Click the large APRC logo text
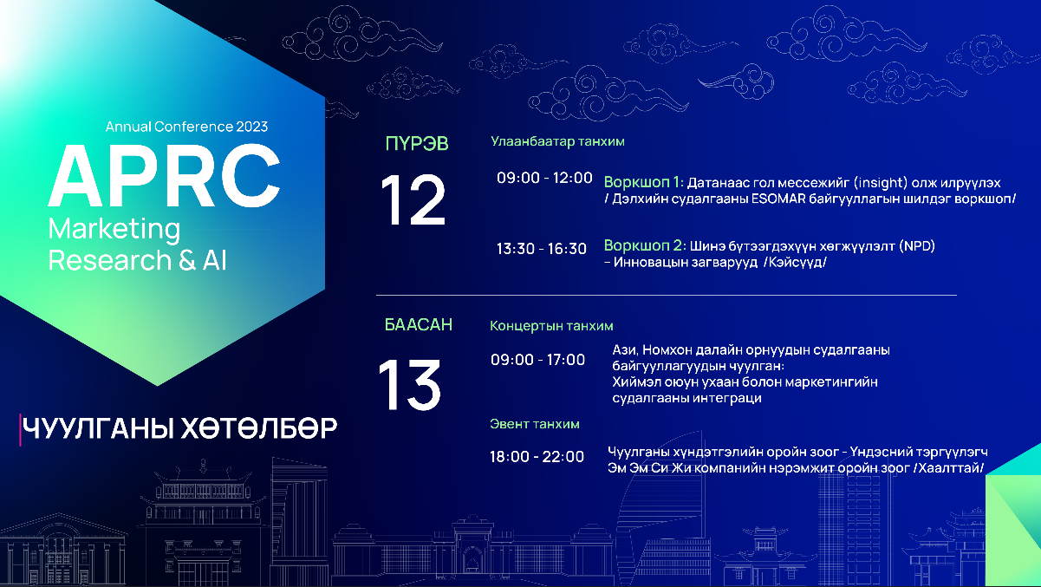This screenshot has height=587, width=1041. tap(165, 176)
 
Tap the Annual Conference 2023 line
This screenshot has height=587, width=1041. tap(186, 127)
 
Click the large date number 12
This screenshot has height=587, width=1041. tap(413, 199)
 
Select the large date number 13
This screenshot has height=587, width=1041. tap(409, 384)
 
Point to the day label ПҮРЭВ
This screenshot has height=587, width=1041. tap(417, 144)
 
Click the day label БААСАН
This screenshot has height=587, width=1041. tap(419, 324)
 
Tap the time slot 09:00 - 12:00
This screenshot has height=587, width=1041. tap(544, 178)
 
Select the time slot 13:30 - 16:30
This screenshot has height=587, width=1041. tap(542, 249)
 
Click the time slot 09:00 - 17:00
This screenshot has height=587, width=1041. tap(537, 360)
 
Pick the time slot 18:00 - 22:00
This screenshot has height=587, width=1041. tap(537, 456)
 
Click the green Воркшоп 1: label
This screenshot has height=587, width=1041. tap(644, 182)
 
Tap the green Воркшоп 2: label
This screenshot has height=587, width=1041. tap(645, 245)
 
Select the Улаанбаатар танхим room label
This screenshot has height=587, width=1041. tap(557, 141)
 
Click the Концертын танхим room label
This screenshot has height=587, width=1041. tap(551, 326)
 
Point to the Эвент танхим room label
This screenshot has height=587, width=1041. tap(535, 424)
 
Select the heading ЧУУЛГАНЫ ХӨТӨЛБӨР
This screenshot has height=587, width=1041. tap(179, 428)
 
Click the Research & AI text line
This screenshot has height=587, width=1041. tap(138, 260)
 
